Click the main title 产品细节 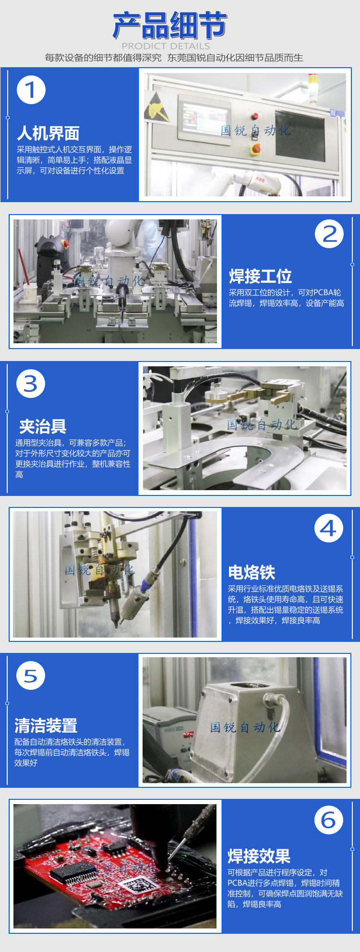(170, 25)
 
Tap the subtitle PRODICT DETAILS (166, 46)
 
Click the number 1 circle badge (31, 90)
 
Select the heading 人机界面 (48, 133)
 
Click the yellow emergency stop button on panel (256, 149)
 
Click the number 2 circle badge (329, 234)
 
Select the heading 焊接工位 (260, 277)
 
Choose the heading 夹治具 (42, 426)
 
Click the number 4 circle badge (329, 529)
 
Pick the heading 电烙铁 (252, 572)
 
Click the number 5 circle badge (31, 676)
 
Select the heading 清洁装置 (46, 725)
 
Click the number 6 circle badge (329, 820)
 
